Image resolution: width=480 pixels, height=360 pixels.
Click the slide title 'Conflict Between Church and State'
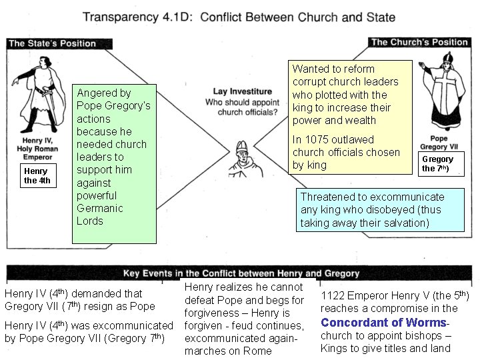[306, 17]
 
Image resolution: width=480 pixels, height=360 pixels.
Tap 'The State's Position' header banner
[52, 43]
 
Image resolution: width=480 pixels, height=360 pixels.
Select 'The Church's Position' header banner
[420, 42]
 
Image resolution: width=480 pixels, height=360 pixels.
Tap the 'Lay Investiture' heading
[242, 91]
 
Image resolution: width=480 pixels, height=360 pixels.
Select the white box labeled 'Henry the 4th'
[37, 176]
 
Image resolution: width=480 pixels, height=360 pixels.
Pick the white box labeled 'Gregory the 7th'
[437, 164]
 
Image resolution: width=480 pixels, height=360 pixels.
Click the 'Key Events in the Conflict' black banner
[241, 273]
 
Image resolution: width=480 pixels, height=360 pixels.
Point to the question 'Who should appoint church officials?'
[241, 107]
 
